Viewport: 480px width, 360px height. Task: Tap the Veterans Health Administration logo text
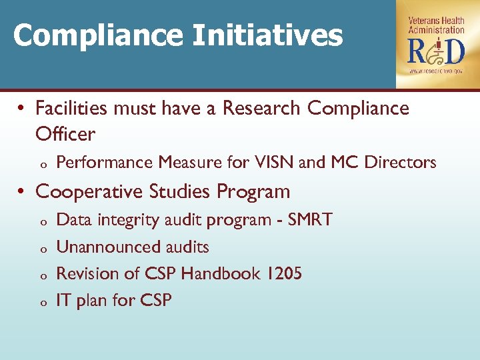click(x=437, y=25)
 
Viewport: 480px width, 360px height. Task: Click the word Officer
click(x=65, y=134)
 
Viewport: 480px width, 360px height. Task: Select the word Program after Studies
click(x=254, y=192)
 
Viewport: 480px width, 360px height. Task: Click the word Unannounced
click(x=101, y=247)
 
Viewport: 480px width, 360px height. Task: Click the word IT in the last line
click(x=64, y=301)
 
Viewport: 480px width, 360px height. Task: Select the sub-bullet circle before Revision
click(x=42, y=276)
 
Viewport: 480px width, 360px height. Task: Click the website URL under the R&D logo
click(x=437, y=70)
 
